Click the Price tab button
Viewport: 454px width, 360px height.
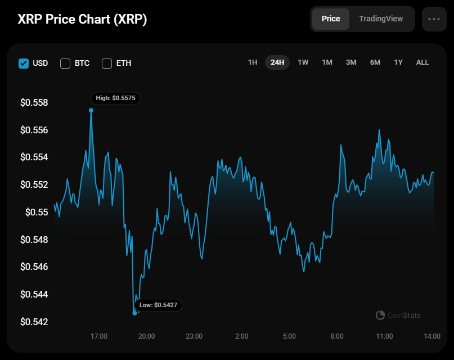tap(331, 19)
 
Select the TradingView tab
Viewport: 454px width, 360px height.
tap(381, 19)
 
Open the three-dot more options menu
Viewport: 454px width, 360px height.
tap(434, 19)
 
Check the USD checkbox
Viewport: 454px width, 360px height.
tap(24, 63)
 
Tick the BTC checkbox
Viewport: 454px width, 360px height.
tap(65, 63)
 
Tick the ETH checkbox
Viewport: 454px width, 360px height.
tap(107, 63)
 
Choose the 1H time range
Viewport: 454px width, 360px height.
tap(253, 62)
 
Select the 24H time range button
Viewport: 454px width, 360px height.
tap(277, 62)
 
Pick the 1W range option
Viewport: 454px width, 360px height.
tap(303, 62)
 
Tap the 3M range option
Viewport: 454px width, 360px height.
tap(351, 62)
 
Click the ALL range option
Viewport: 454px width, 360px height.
tap(422, 62)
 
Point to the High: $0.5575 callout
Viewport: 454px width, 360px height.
tap(115, 98)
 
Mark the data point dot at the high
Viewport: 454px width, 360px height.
tap(91, 110)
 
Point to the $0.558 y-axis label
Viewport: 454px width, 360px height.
tap(34, 103)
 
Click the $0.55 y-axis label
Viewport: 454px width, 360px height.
tap(37, 213)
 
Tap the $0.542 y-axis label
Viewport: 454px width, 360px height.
tap(34, 322)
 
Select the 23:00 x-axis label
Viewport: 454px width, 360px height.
tap(194, 336)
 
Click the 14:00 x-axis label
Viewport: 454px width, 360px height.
tap(432, 336)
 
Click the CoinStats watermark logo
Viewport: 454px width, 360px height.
tap(380, 315)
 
